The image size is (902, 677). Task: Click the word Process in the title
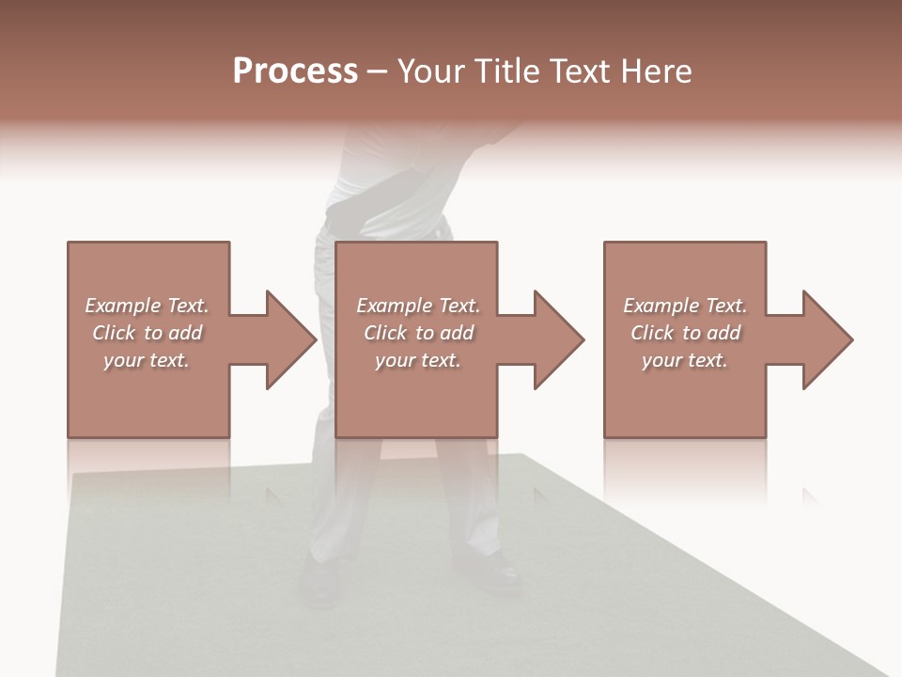coord(295,71)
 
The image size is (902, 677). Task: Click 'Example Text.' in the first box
coord(147,306)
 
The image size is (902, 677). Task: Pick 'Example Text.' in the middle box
coord(418,306)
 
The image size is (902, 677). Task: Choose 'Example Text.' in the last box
coord(685,306)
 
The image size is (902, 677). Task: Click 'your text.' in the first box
coord(147,360)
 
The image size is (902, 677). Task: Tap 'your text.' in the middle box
coord(418,360)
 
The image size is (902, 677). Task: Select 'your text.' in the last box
coord(685,360)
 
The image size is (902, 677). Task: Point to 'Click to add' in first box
coord(147,333)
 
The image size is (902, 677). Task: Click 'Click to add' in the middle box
coord(418,333)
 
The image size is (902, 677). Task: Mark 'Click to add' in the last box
coord(685,333)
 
